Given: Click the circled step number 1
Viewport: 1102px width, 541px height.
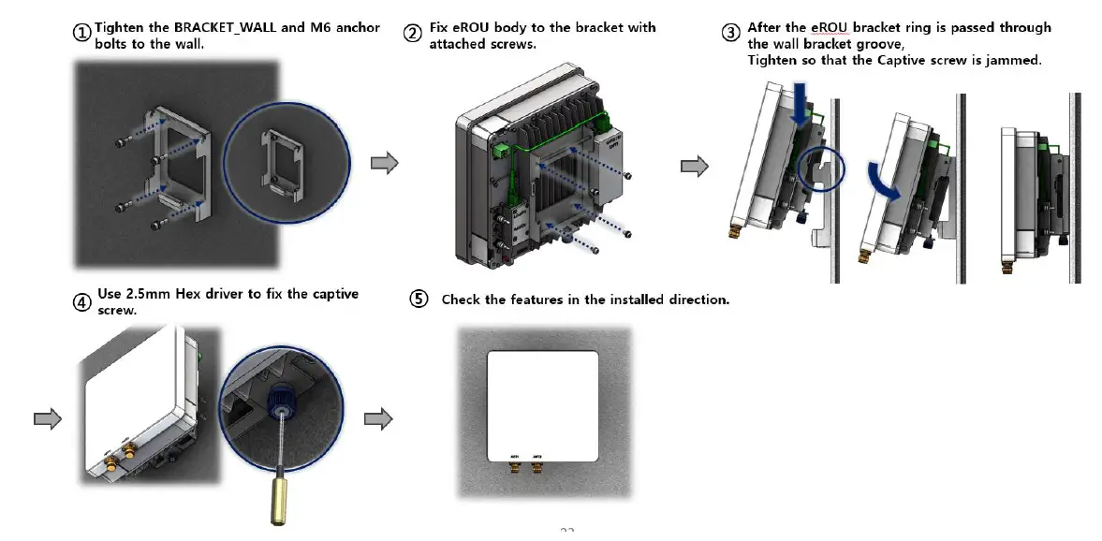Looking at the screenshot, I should coord(83,33).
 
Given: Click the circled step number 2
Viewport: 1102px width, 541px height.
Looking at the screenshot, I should coord(413,33).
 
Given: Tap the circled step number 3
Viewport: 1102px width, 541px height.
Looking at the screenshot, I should coord(731,33).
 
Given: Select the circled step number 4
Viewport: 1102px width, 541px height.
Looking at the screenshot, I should coord(83,302).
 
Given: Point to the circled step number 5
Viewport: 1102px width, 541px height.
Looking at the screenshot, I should coord(419,300).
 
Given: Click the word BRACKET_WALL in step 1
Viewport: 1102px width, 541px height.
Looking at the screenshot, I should coord(226,28).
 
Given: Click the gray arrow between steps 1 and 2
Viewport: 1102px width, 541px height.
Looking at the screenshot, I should coord(385,165).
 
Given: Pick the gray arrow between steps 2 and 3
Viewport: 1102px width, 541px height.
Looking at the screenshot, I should coord(694,167).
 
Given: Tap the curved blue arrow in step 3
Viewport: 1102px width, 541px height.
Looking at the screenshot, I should coord(885,181).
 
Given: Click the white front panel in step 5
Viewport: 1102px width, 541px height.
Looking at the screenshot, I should coord(543,402).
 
